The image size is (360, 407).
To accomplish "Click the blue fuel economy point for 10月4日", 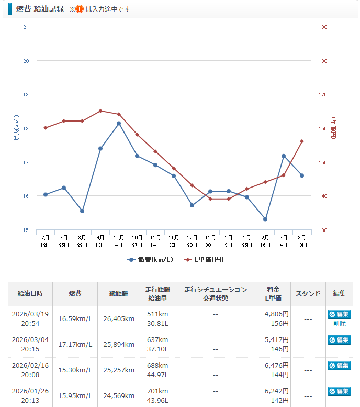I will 119,124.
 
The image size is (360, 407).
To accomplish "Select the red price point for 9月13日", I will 100,111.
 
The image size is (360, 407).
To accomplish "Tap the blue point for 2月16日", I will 265,219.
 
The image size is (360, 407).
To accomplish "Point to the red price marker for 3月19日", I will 302,141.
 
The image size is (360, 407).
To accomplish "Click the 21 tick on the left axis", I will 26,27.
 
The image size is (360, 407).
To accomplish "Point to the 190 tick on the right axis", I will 323,27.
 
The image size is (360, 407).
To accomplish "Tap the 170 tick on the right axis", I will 323,95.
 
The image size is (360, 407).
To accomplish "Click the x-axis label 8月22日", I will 82,241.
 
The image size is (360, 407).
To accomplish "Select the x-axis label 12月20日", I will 192,241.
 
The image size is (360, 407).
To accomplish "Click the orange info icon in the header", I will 80,9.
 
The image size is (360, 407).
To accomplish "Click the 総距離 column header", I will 119,294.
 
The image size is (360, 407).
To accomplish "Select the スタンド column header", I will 308,294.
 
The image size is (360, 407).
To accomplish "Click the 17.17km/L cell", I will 75,345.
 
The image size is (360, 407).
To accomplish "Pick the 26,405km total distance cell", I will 119,318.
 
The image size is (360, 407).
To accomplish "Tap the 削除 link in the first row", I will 339,324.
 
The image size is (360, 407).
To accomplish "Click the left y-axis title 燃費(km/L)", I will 16,128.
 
